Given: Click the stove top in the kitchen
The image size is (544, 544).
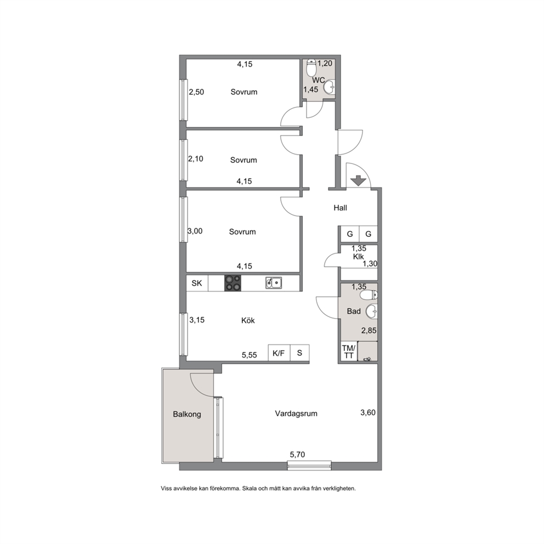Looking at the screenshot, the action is pos(233,283).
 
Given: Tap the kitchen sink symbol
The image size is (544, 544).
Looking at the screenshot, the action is pos(274,283).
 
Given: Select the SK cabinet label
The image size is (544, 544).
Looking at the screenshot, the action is pos(197,283).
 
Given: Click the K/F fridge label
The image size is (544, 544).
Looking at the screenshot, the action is pos(279,353).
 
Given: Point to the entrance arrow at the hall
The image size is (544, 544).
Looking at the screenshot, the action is pos(359,181).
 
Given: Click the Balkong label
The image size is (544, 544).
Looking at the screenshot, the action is pos(187,414).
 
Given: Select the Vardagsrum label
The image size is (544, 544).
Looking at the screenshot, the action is pos(296,413).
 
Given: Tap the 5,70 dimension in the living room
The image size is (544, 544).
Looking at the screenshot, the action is pos(297,455).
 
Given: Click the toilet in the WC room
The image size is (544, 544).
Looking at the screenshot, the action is pos(311,67).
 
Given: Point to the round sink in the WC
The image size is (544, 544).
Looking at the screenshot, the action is pos(330,87).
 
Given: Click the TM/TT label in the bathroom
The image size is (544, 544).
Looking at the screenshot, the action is pos(349,352).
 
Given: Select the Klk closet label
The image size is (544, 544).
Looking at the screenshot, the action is pos(359,257).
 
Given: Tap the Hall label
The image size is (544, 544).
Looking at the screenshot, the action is pos(341,208).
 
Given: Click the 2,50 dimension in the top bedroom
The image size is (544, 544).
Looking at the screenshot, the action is pos(196,92).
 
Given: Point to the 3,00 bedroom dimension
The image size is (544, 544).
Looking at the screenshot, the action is pos(195,231).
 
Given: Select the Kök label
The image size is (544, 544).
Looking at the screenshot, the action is pos(248,320).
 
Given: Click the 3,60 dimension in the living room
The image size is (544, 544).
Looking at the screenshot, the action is pos(368,412).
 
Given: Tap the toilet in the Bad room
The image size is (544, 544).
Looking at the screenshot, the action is pos(369,295).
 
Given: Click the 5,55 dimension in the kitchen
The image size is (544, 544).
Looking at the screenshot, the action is pos(250,355).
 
